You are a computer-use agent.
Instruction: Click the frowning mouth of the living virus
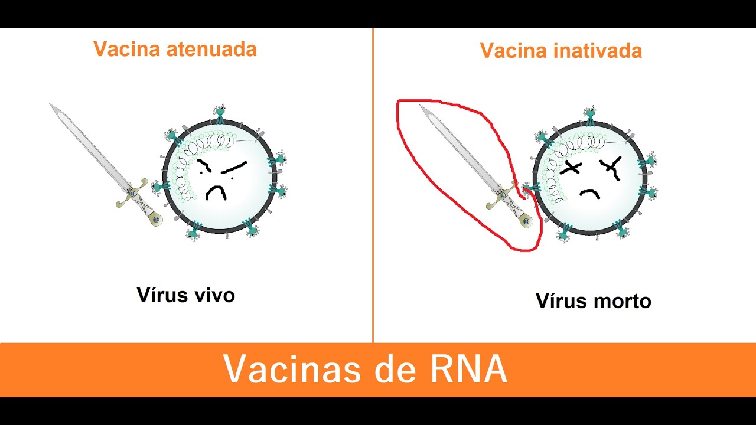(x=216, y=192)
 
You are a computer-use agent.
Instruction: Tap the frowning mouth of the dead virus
(x=589, y=194)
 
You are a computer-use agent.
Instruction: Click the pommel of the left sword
(x=155, y=220)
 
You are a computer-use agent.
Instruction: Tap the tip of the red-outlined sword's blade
(x=421, y=107)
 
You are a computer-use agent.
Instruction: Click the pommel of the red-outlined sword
(x=526, y=221)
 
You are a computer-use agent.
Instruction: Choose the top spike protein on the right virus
(x=590, y=115)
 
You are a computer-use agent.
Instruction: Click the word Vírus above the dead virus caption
(x=561, y=301)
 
